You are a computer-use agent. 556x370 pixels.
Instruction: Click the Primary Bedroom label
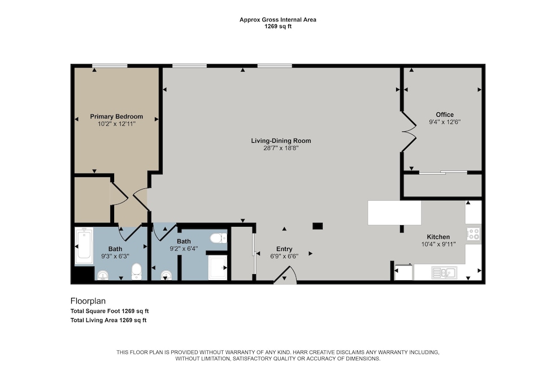pos(116,116)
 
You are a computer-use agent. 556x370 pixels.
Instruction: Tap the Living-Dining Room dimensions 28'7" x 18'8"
pos(281,148)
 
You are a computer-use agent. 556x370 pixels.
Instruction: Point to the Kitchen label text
pos(438,237)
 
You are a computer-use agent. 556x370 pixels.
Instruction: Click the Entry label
pos(284,249)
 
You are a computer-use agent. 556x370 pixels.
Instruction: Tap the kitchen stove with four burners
pos(474,234)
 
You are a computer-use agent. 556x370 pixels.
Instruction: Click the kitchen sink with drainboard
pos(444,273)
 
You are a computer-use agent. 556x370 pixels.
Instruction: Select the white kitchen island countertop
pos(394,213)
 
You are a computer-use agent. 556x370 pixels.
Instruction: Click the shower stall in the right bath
pos(217,267)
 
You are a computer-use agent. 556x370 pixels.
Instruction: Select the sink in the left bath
pos(103,275)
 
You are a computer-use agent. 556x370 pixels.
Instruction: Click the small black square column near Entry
pos(318,226)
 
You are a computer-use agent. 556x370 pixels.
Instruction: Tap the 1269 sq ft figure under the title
pos(277,27)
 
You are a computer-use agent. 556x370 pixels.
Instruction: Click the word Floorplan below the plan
pos(88,301)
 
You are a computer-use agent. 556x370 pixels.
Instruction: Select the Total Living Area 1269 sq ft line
pos(108,320)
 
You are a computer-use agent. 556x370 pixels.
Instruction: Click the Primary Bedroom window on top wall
pos(109,66)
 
